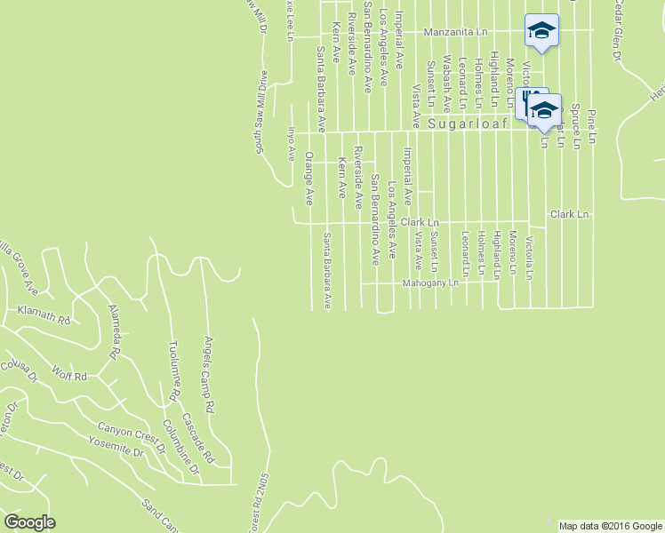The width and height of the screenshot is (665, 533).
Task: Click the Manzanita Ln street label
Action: (455, 32)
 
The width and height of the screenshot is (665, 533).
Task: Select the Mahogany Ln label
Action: (430, 283)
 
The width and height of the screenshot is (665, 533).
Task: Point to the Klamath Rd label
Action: (44, 312)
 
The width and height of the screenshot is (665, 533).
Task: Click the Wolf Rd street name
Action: (68, 374)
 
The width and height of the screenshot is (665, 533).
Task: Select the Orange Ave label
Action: (309, 179)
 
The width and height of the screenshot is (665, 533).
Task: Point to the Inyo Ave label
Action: (290, 142)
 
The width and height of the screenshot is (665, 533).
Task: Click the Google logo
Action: (29, 522)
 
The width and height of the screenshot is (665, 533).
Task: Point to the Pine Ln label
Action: (591, 127)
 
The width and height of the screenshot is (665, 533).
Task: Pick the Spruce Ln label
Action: (575, 125)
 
